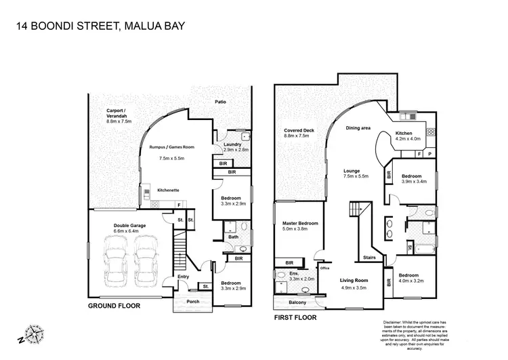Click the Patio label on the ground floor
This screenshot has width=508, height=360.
point(221,102)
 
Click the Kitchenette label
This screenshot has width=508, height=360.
point(167,191)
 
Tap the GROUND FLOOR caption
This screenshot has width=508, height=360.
point(114,306)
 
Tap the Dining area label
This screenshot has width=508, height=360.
point(358,127)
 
